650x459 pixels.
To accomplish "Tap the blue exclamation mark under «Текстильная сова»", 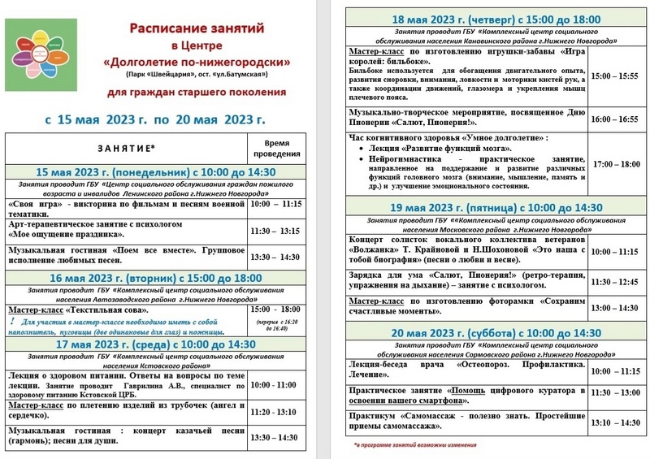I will tap(12, 323).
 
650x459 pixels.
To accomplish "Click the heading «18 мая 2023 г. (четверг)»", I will tap(486, 19).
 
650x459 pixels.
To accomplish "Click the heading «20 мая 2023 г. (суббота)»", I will tap(486, 332).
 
